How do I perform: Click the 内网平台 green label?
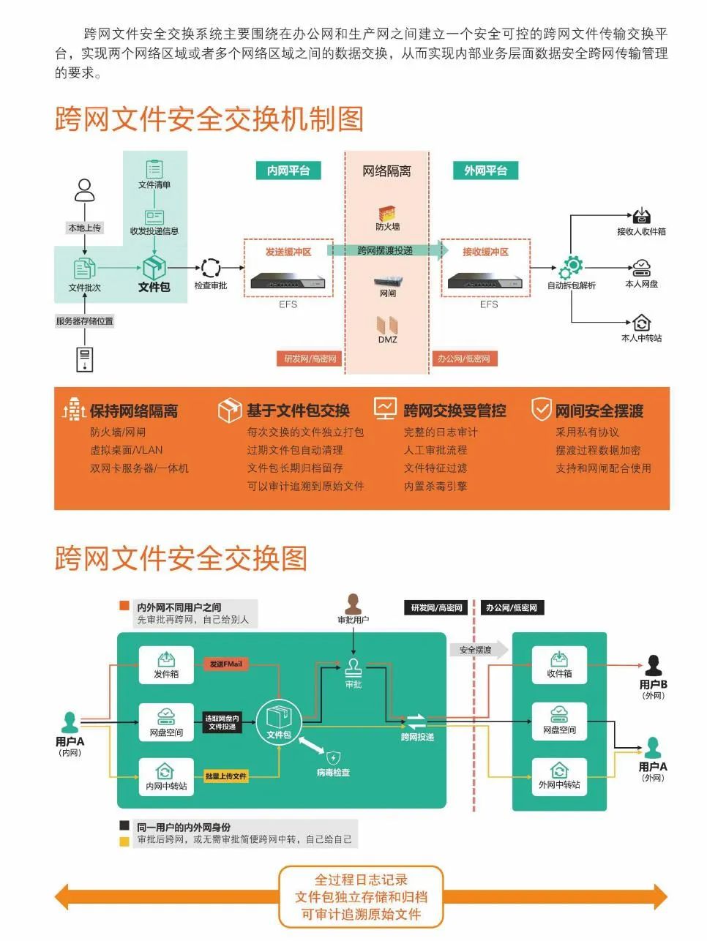[288, 170]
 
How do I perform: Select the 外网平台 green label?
[485, 170]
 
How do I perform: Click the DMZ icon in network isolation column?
[387, 325]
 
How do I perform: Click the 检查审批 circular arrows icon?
[211, 269]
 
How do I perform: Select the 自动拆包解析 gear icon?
[572, 267]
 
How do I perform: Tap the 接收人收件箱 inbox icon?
[641, 216]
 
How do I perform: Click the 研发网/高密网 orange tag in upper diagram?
[310, 359]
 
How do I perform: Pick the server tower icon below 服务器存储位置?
[85, 359]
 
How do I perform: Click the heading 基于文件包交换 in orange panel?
[298, 410]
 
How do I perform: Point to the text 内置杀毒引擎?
[435, 486]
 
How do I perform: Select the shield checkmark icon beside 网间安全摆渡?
[541, 409]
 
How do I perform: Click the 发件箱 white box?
[166, 665]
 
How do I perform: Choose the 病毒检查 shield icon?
[334, 758]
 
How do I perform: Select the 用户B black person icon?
[653, 666]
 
